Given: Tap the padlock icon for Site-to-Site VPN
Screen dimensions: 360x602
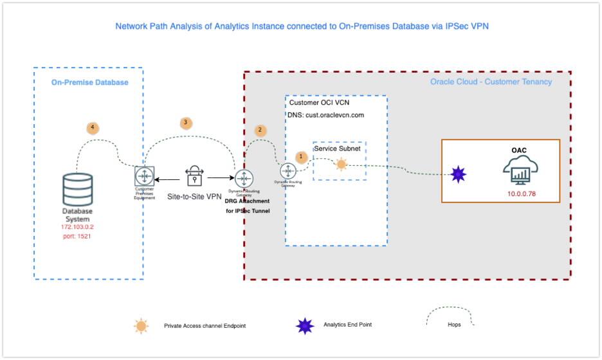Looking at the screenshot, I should [194, 176].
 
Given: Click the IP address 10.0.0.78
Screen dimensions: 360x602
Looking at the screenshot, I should [521, 194].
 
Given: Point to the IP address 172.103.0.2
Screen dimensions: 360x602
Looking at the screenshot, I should [77, 227].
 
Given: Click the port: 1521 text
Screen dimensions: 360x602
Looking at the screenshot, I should [77, 237].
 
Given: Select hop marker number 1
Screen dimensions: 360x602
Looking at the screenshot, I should [300, 156].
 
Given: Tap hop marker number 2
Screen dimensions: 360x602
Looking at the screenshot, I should [260, 130].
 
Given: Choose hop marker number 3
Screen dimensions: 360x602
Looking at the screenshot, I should [186, 122].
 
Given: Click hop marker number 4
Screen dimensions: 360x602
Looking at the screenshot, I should [93, 127].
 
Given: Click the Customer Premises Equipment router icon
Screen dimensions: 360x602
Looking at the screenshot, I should [144, 176].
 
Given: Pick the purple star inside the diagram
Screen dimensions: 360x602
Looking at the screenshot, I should [457, 174].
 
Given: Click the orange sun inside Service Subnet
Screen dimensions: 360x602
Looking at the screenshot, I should [341, 165].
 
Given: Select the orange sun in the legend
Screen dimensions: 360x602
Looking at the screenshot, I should [141, 326].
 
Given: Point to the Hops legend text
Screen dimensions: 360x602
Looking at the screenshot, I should [454, 325].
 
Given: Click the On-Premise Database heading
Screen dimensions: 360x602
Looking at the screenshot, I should [89, 82].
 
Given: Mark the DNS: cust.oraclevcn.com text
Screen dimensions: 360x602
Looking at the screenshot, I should [325, 114].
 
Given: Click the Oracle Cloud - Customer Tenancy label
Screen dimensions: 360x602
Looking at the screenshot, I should [491, 82].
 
